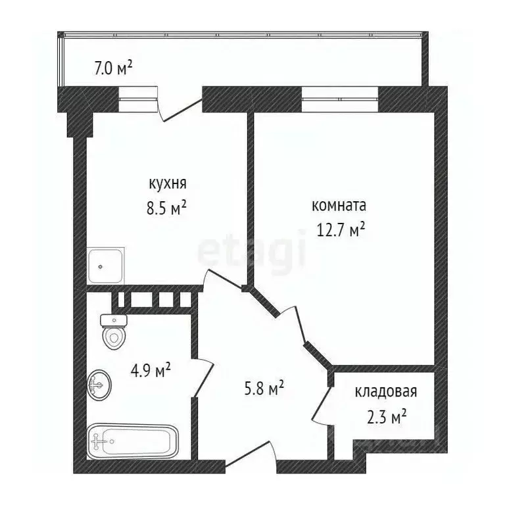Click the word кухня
click(167, 183)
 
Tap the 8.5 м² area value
click(167, 209)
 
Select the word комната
click(338, 206)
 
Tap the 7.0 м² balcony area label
click(113, 67)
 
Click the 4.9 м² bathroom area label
click(151, 371)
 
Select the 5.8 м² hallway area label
click(263, 389)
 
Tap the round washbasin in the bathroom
click(99, 384)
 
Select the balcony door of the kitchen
click(181, 107)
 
